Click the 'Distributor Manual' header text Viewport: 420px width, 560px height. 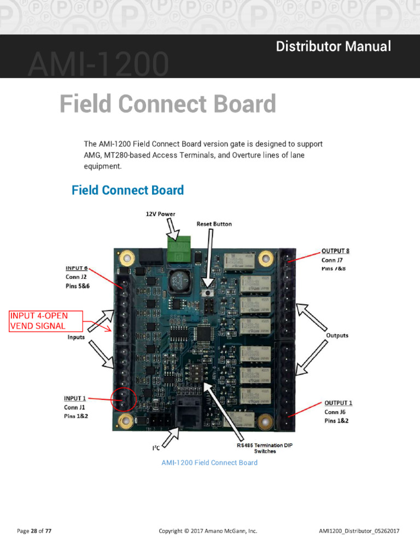tap(333, 46)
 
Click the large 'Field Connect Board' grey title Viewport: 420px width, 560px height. tap(167, 104)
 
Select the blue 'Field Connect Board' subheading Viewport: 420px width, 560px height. tap(127, 190)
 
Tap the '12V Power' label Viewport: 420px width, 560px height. tap(160, 213)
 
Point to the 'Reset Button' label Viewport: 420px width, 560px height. tap(214, 224)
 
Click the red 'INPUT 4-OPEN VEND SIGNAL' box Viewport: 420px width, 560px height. tap(45, 321)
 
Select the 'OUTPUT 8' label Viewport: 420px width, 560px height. tap(335, 251)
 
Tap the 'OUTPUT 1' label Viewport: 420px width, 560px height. tap(338, 403)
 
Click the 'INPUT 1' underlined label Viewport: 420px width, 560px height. tap(76, 398)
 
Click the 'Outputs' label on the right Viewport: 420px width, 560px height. tap(337, 335)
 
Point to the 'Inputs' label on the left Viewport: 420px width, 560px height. tap(76, 337)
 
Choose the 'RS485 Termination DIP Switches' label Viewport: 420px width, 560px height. tap(264, 448)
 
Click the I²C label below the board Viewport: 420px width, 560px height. tap(156, 448)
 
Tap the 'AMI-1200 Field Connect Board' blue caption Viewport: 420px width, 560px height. tap(209, 463)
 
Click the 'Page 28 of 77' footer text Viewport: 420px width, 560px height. tap(34, 530)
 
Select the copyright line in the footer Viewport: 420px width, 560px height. tap(207, 530)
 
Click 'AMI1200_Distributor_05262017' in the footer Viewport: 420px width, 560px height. tap(359, 530)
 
